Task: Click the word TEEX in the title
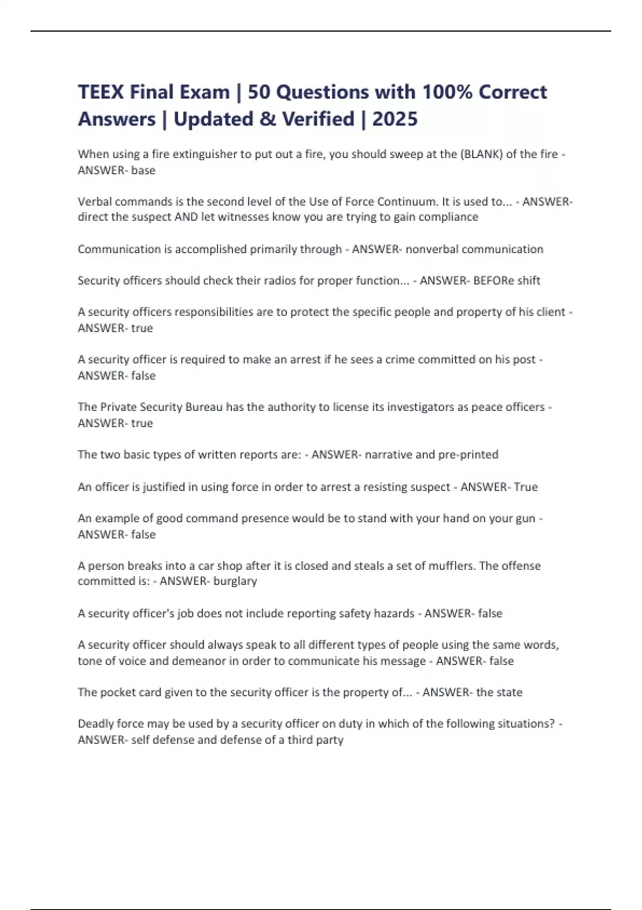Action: [x=101, y=92]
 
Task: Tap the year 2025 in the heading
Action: [x=395, y=119]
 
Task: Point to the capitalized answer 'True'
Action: [x=526, y=487]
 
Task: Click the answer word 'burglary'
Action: [x=235, y=581]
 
